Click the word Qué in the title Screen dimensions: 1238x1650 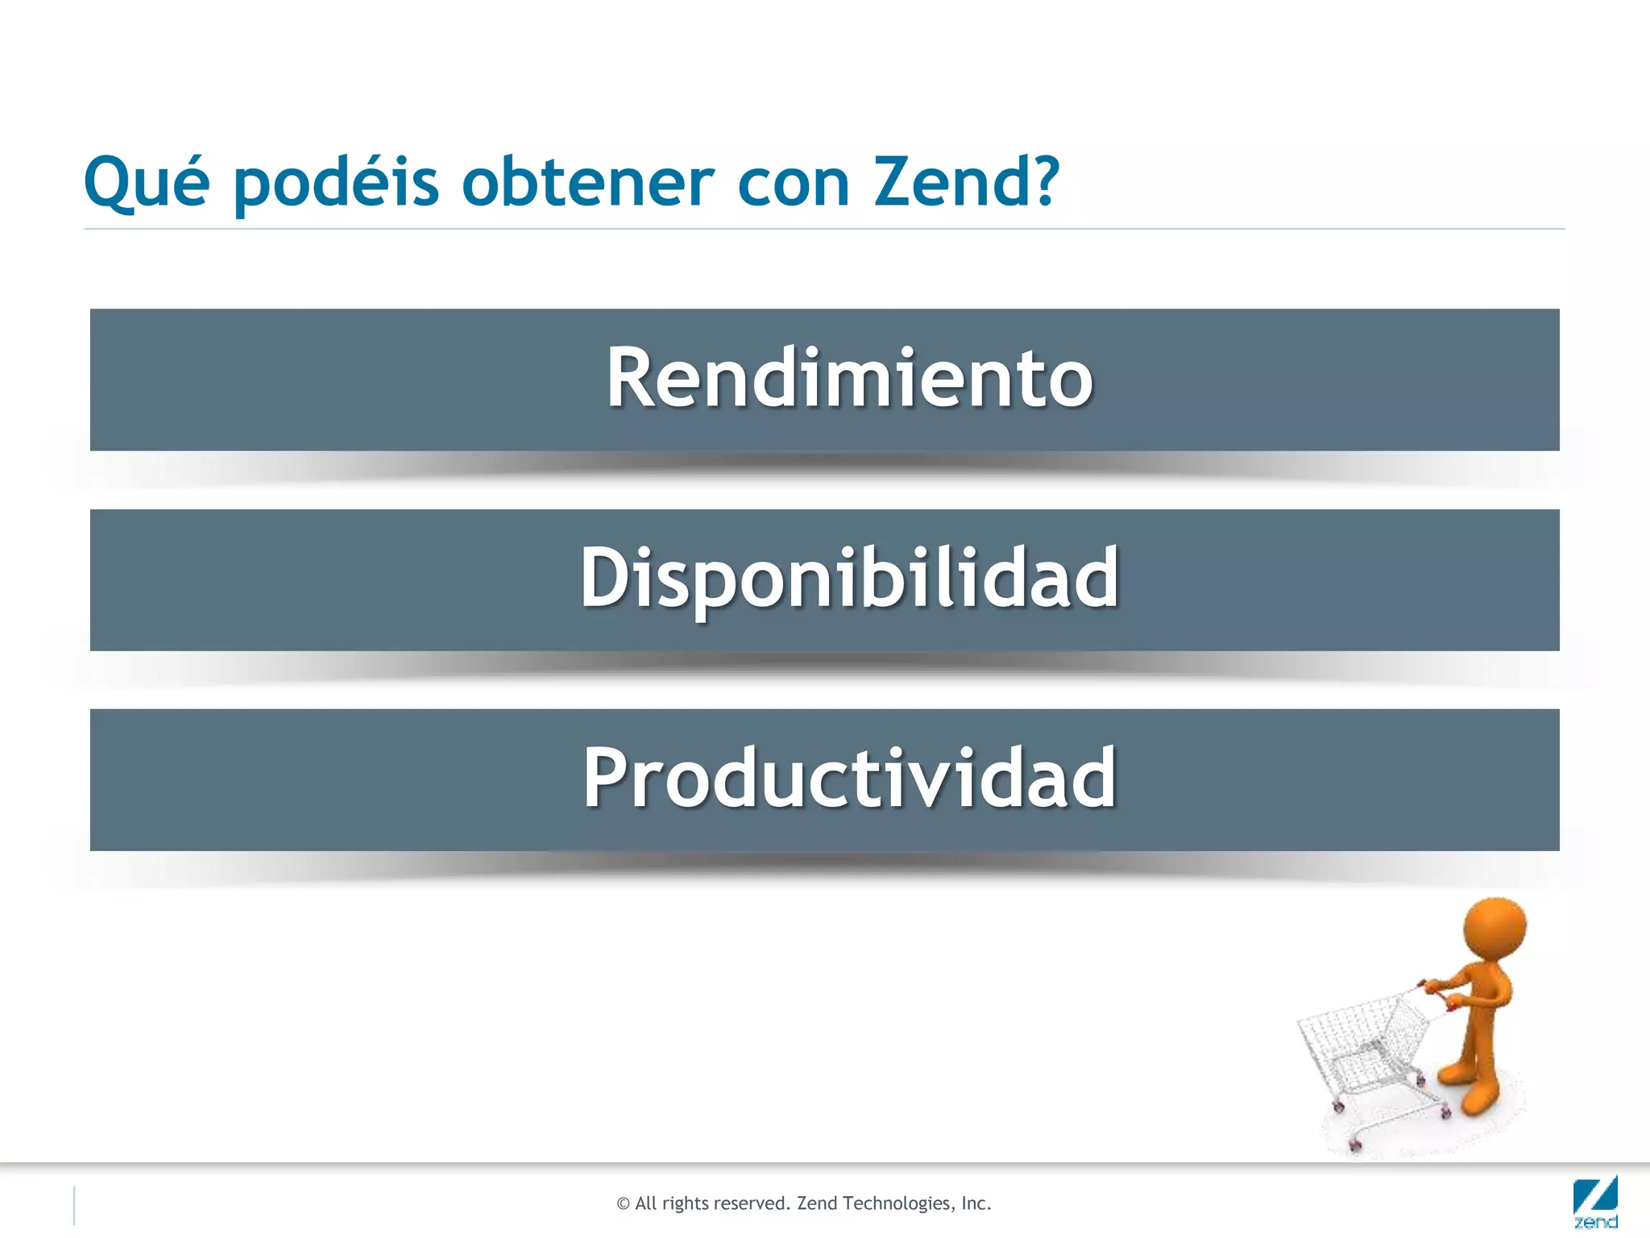coord(147,183)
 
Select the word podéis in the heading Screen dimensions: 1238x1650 coord(336,183)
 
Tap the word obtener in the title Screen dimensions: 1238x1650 coord(587,183)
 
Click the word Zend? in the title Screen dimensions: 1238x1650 coord(967,183)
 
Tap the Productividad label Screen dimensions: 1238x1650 coord(849,779)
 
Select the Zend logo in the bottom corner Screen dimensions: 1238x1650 coord(1594,1203)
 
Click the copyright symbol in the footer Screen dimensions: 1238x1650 coord(623,1204)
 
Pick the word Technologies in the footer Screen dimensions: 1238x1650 coord(897,1203)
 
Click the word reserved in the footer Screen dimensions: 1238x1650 coord(748,1203)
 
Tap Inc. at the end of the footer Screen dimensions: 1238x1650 coord(976,1203)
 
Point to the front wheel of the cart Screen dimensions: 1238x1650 coord(1356,1145)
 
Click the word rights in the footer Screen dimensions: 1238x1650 coord(684,1203)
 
